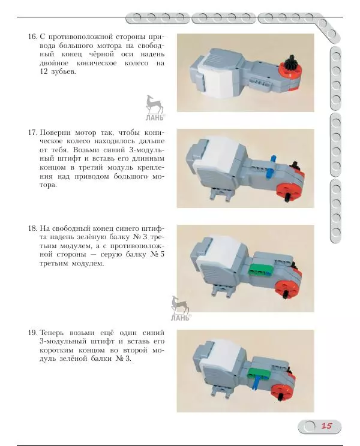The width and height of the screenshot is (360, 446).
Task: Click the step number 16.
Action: [32, 37]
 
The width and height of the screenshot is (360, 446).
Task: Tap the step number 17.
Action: [32, 132]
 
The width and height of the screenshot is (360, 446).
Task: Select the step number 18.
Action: [32, 228]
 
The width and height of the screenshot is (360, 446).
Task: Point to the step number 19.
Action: [32, 333]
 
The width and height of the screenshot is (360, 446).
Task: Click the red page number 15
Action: [327, 426]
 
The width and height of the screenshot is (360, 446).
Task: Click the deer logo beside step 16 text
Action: [155, 108]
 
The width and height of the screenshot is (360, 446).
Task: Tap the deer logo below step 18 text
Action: [180, 309]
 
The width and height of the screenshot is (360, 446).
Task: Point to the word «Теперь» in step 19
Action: [51, 333]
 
